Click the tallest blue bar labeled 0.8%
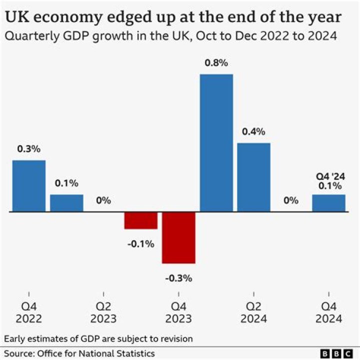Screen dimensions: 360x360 (216, 142)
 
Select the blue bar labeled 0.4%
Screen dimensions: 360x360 (253, 177)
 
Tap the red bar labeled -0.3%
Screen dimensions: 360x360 (178, 237)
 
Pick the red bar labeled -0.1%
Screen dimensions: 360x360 (141, 220)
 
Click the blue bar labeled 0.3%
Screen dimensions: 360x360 (29, 185)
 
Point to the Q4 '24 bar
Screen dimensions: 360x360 (328, 203)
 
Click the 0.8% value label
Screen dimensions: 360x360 (216, 63)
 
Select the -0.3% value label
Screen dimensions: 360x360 (178, 278)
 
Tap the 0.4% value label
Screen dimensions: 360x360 (253, 132)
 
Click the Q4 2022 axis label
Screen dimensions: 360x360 (29, 313)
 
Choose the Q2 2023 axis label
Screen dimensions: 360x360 (103, 313)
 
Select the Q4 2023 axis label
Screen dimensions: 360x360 (178, 313)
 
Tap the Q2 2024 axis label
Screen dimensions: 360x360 (253, 313)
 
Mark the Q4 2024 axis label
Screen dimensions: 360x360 (328, 313)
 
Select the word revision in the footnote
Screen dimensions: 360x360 (175, 338)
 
